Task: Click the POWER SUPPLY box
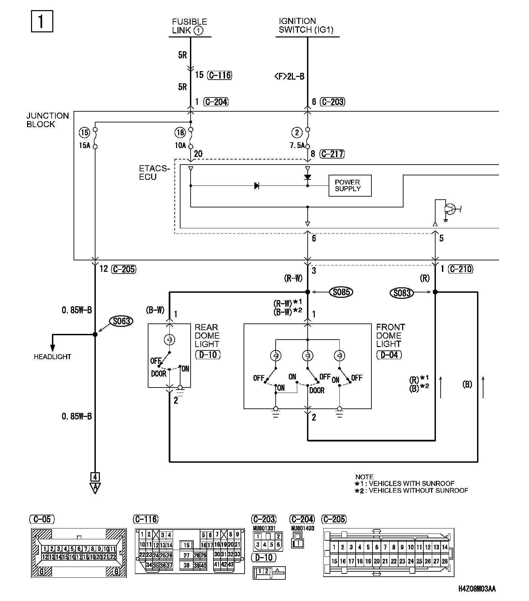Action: coord(350,185)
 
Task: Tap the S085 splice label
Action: coord(341,292)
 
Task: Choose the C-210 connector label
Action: coord(461,269)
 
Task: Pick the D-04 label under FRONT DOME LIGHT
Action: coord(389,355)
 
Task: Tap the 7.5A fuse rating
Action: coord(297,146)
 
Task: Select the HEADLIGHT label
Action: coord(53,356)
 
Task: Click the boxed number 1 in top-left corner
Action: coord(42,22)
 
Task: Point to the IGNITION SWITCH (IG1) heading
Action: coord(306,26)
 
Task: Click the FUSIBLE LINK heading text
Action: coord(189,26)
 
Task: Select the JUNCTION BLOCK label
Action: coord(48,120)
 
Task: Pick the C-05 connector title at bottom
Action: coord(42,519)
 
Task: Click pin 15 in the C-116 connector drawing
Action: coord(187,545)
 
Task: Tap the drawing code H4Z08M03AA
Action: coord(477,589)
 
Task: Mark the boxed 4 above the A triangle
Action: coord(95,477)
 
